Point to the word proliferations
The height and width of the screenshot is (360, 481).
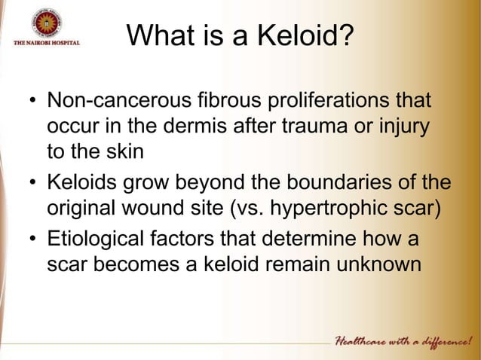pyautogui.click(x=343, y=100)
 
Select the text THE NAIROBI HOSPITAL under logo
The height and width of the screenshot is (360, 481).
pyautogui.click(x=46, y=43)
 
